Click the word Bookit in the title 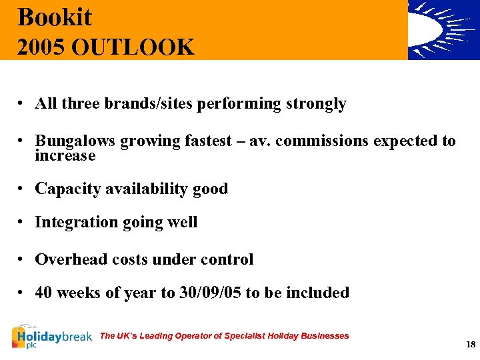click(x=55, y=17)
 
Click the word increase click(x=65, y=156)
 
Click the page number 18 click(x=471, y=344)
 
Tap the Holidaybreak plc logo click(x=52, y=337)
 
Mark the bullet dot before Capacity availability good click(x=22, y=189)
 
